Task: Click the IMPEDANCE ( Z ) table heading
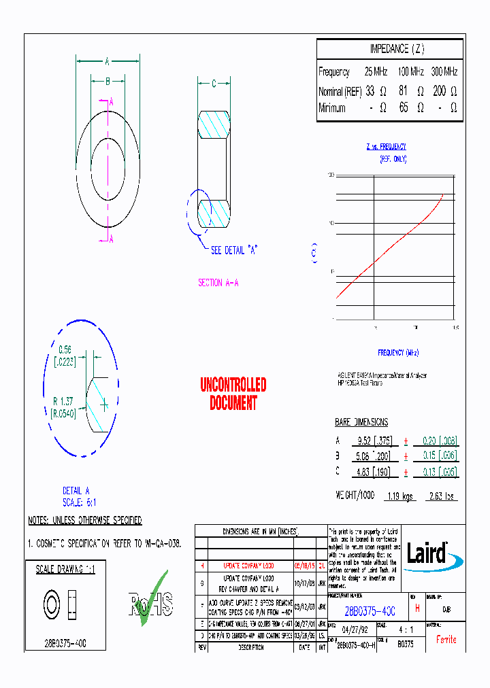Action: point(397,49)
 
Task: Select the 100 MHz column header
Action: point(410,71)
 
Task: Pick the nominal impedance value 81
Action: point(404,90)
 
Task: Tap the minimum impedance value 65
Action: point(404,108)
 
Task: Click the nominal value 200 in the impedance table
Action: point(440,90)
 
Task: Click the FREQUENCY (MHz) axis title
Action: point(398,353)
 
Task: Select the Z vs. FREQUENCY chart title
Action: point(386,147)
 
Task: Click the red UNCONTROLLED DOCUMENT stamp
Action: point(233,394)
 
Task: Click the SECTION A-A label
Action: point(218,283)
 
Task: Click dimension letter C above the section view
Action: point(213,84)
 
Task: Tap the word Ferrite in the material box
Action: point(446,640)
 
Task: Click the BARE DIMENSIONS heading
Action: point(361,422)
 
